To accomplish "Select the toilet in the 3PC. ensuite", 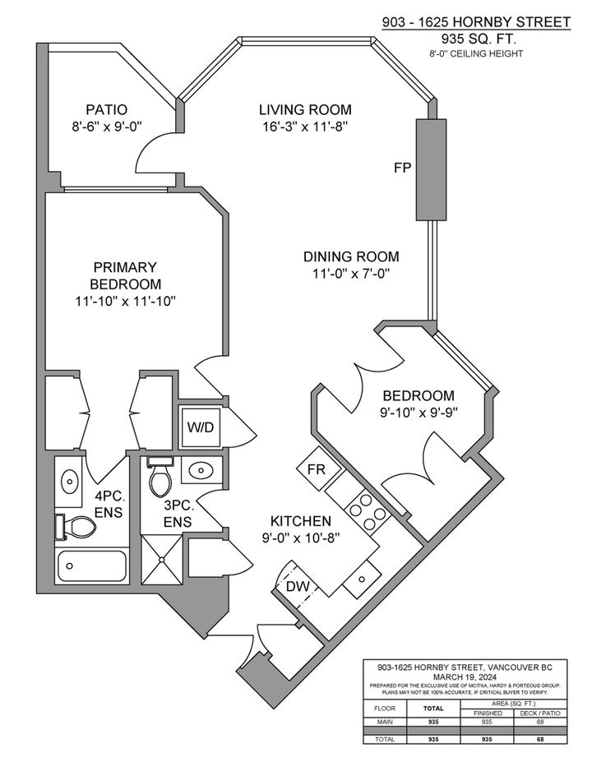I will pyautogui.click(x=160, y=476).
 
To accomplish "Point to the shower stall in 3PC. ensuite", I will pyautogui.click(x=162, y=559).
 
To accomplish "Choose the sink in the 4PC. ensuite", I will pyautogui.click(x=69, y=479).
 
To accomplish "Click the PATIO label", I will pyautogui.click(x=106, y=109).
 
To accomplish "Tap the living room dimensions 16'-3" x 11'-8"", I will pyautogui.click(x=305, y=126).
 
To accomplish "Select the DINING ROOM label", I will pyautogui.click(x=350, y=256).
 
